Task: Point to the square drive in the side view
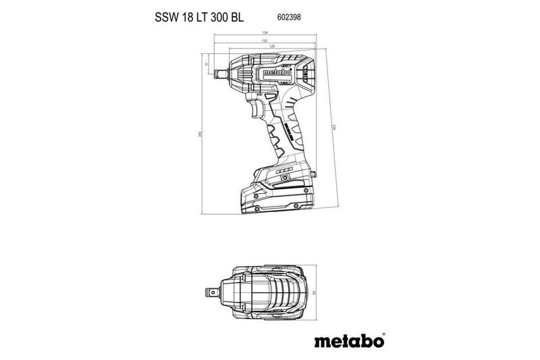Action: click(220, 68)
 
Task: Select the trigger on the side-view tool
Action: click(257, 108)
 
